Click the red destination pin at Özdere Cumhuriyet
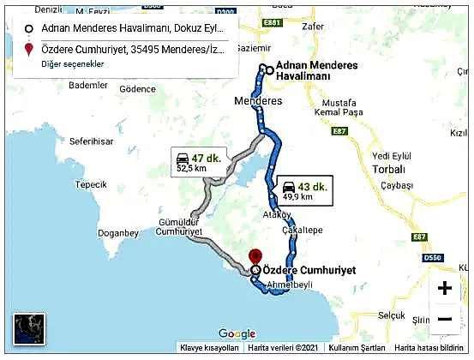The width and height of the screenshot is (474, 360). (x=254, y=255)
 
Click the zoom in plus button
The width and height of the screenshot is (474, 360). (x=444, y=288)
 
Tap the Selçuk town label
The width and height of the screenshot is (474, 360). (x=395, y=315)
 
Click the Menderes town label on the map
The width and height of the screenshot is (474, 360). (x=258, y=101)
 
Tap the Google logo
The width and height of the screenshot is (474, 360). (x=237, y=334)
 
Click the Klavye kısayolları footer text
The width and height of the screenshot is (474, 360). (x=208, y=348)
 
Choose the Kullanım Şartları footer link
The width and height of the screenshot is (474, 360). (x=358, y=348)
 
